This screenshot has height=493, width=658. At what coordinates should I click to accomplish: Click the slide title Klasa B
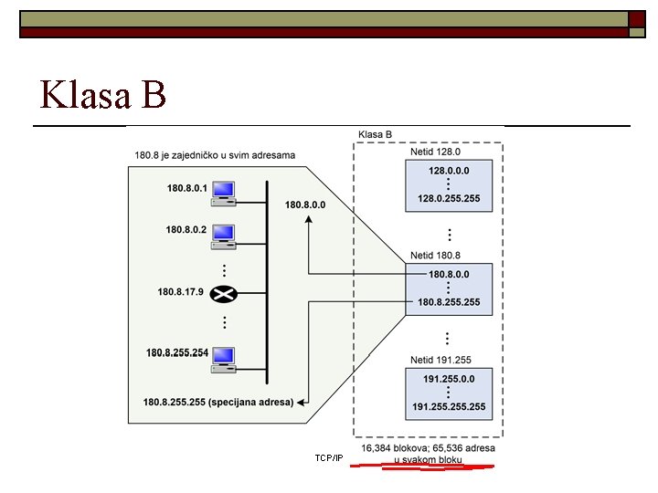[x=103, y=94]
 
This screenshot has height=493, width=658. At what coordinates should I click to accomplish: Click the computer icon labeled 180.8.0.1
[x=224, y=192]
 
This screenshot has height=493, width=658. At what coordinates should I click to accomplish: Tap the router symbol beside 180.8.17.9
[x=223, y=293]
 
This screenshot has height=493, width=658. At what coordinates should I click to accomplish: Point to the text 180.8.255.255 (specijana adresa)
[x=218, y=402]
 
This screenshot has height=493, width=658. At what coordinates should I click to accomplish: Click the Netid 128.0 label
[x=435, y=153]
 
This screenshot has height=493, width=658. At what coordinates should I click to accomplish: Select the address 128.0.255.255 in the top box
[x=449, y=198]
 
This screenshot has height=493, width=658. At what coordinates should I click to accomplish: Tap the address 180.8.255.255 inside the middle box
[x=449, y=302]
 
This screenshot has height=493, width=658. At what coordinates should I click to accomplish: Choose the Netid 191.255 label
[x=441, y=361]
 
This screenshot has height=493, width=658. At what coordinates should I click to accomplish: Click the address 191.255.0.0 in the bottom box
[x=449, y=378]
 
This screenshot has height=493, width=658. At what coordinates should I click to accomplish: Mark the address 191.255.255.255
[x=449, y=406]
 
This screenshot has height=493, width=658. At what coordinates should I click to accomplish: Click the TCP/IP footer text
[x=328, y=457]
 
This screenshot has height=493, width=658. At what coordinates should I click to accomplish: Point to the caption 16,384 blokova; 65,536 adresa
[x=429, y=448]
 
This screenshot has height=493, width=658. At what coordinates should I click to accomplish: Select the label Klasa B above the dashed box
[x=376, y=134]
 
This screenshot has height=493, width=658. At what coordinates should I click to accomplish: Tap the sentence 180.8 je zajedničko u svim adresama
[x=215, y=155]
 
